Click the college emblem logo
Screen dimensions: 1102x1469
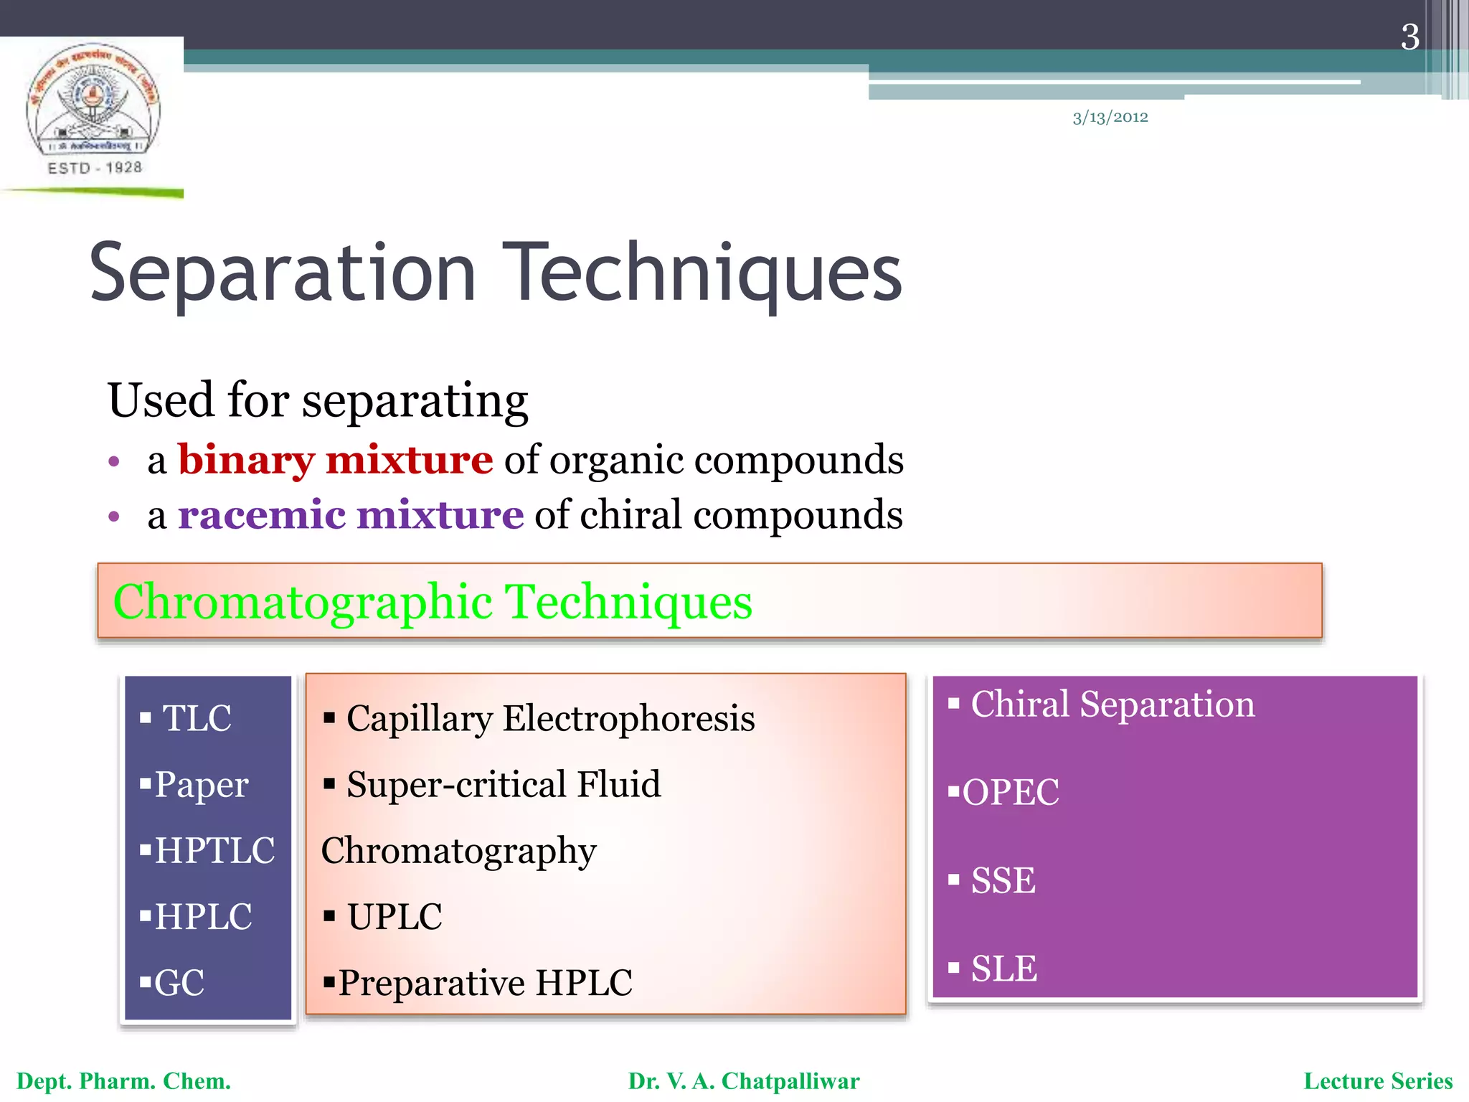(93, 108)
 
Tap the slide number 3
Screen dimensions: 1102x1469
(1409, 37)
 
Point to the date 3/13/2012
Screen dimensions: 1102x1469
(1110, 117)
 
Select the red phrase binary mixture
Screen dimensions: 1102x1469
(335, 460)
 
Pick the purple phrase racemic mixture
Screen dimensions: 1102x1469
(351, 515)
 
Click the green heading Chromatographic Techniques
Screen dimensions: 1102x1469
(433, 601)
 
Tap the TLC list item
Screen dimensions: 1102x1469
(197, 718)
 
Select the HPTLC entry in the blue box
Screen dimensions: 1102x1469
(214, 851)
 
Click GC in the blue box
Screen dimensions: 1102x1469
(179, 983)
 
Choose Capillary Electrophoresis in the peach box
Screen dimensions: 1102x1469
(550, 718)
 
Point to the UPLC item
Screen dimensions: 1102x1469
(395, 917)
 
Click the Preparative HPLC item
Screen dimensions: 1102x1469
(485, 983)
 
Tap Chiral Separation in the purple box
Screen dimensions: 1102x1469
(1112, 704)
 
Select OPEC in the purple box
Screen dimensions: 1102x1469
(1010, 793)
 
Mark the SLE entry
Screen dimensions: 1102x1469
(1003, 969)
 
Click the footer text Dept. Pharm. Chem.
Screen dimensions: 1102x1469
(123, 1081)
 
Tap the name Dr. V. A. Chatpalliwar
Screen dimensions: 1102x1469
(743, 1081)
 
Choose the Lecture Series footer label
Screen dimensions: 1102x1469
(1377, 1081)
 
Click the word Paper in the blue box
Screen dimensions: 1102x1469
(201, 784)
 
